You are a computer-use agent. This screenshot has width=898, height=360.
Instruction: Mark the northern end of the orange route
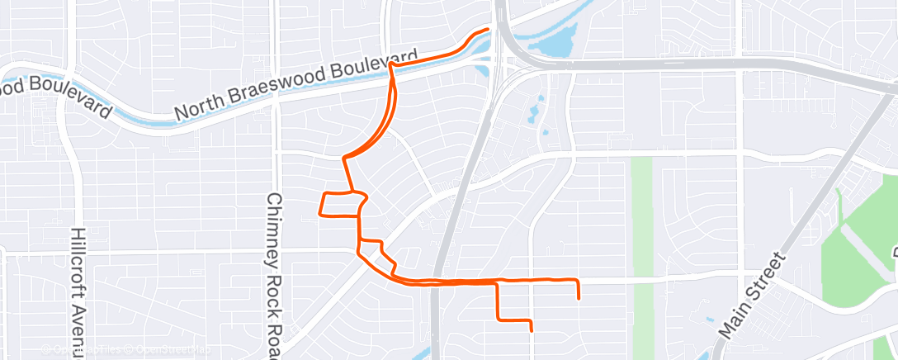tap(487, 30)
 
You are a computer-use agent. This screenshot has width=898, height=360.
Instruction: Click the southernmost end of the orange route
tap(531, 329)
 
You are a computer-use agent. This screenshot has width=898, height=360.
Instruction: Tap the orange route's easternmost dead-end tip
tap(579, 297)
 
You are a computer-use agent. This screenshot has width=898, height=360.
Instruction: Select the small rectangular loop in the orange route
tap(339, 203)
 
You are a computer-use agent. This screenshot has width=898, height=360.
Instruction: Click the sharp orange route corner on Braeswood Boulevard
tap(390, 64)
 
